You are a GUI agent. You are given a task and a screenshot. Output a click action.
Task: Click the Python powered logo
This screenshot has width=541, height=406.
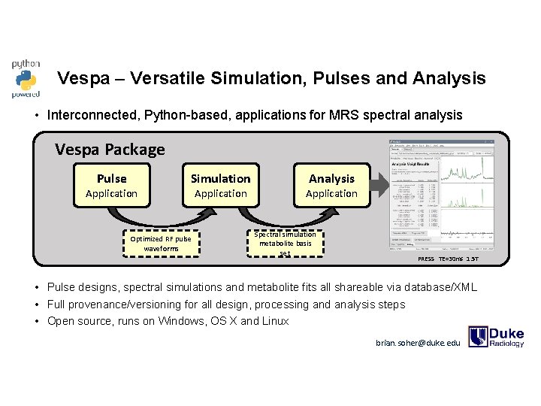click(x=26, y=79)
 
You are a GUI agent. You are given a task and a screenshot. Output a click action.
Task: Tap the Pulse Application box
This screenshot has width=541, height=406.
click(x=111, y=185)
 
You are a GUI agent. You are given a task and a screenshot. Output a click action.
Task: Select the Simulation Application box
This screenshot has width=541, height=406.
click(x=220, y=185)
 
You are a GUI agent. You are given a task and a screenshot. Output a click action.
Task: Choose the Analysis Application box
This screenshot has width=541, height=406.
click(x=331, y=185)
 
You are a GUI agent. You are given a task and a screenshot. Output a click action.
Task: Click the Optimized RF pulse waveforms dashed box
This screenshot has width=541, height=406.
click(x=161, y=243)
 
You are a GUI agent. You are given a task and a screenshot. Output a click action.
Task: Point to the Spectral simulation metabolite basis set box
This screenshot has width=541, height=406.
click(x=285, y=243)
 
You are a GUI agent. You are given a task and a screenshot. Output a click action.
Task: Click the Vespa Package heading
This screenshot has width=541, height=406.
click(x=110, y=149)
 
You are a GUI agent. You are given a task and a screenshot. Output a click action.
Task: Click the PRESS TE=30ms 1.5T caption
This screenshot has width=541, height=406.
click(x=448, y=259)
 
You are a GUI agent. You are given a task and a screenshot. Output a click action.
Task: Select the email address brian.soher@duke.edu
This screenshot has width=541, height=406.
click(x=418, y=343)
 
